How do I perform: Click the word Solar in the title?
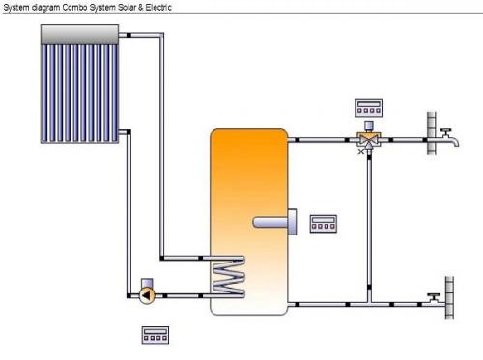(127, 7)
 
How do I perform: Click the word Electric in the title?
(158, 7)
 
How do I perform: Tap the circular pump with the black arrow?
(147, 295)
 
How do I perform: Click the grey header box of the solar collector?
(79, 35)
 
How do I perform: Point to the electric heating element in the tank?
(274, 222)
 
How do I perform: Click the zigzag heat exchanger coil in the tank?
(228, 276)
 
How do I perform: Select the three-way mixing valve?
(369, 140)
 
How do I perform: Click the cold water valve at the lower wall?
(435, 299)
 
